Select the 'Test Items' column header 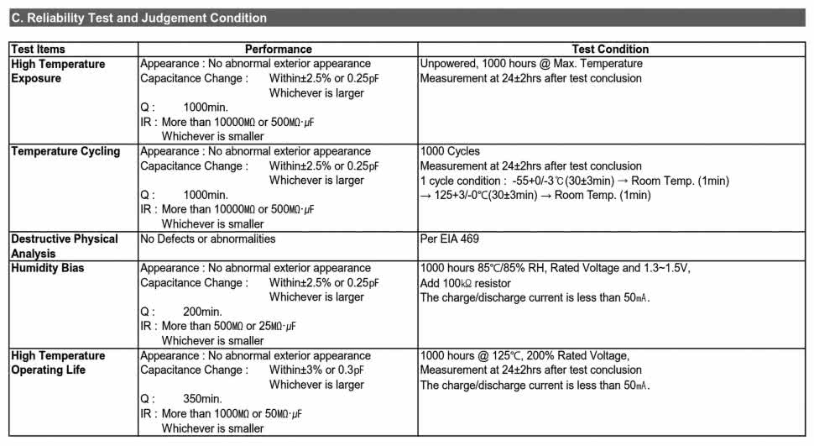pos(38,50)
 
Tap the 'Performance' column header pos(278,50)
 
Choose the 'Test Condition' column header pos(610,50)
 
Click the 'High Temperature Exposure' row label pos(58,71)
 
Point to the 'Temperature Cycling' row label pos(65,151)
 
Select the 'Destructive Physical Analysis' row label pos(65,246)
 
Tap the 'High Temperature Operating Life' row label pos(58,363)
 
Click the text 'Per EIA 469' pos(450,239)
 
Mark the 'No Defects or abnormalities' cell pos(207,239)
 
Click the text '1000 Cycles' pos(450,151)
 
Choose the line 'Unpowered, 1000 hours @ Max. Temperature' pos(531,64)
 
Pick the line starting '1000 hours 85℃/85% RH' pos(558,268)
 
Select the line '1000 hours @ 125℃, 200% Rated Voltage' pos(524,355)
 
